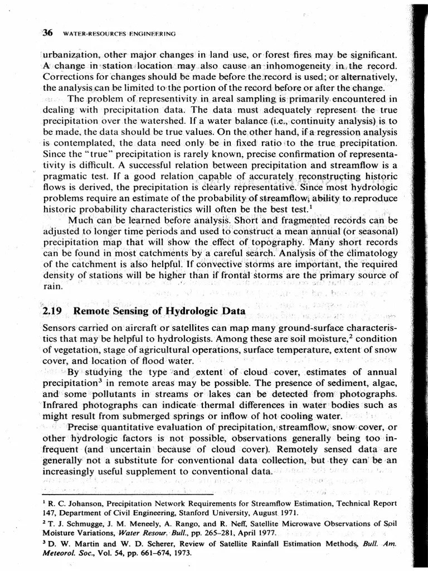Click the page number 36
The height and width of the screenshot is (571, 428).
(47, 33)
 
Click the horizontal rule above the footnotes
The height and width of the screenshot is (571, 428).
(128, 494)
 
